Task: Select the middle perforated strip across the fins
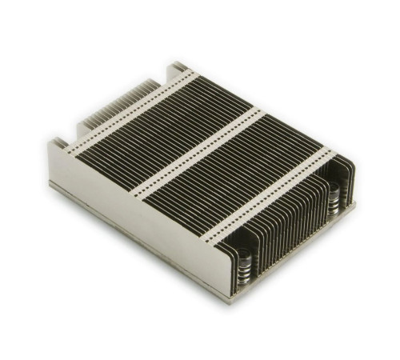tap(196, 151)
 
